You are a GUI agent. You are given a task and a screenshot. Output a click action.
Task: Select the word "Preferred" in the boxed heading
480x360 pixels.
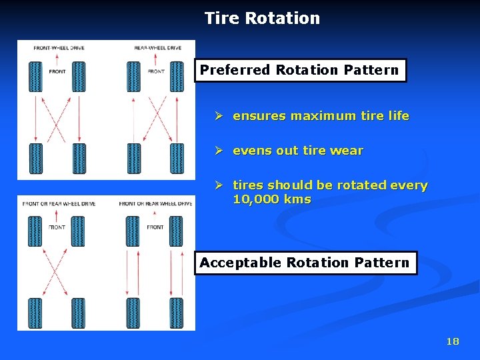[235, 70]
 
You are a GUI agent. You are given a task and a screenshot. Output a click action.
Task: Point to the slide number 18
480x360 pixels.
[453, 341]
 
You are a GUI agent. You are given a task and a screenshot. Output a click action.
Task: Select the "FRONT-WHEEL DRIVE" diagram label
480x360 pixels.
[59, 48]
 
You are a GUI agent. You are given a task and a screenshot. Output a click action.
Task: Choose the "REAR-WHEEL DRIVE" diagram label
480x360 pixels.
[158, 48]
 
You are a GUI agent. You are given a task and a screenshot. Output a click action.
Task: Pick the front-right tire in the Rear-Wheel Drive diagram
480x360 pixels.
[177, 77]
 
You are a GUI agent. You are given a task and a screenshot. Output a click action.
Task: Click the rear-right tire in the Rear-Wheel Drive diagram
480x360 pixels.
[177, 159]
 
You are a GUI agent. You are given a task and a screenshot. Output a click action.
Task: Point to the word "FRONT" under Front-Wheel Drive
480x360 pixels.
[57, 71]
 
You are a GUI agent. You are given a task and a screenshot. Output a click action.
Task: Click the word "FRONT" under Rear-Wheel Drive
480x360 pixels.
[156, 71]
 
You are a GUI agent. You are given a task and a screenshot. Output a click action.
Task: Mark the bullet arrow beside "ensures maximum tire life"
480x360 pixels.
[218, 116]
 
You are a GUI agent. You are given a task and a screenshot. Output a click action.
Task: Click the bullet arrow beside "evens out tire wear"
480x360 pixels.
[218, 151]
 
